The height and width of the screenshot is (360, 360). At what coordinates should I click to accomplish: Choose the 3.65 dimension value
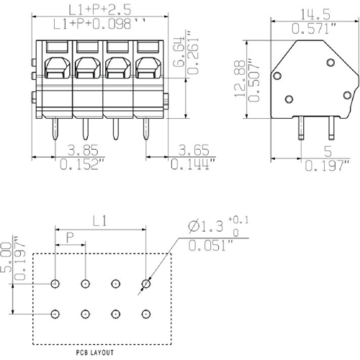(x=193, y=151)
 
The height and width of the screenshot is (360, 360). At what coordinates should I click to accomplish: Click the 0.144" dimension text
(x=193, y=166)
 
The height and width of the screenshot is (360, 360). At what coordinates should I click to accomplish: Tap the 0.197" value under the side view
(x=328, y=166)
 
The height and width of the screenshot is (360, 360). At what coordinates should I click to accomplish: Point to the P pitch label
(x=70, y=235)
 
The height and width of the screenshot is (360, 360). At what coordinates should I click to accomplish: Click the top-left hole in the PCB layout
(x=55, y=284)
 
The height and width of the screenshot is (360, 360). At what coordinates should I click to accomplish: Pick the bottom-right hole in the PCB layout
(x=145, y=313)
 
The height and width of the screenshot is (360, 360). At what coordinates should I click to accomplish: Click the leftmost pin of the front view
(x=55, y=130)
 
